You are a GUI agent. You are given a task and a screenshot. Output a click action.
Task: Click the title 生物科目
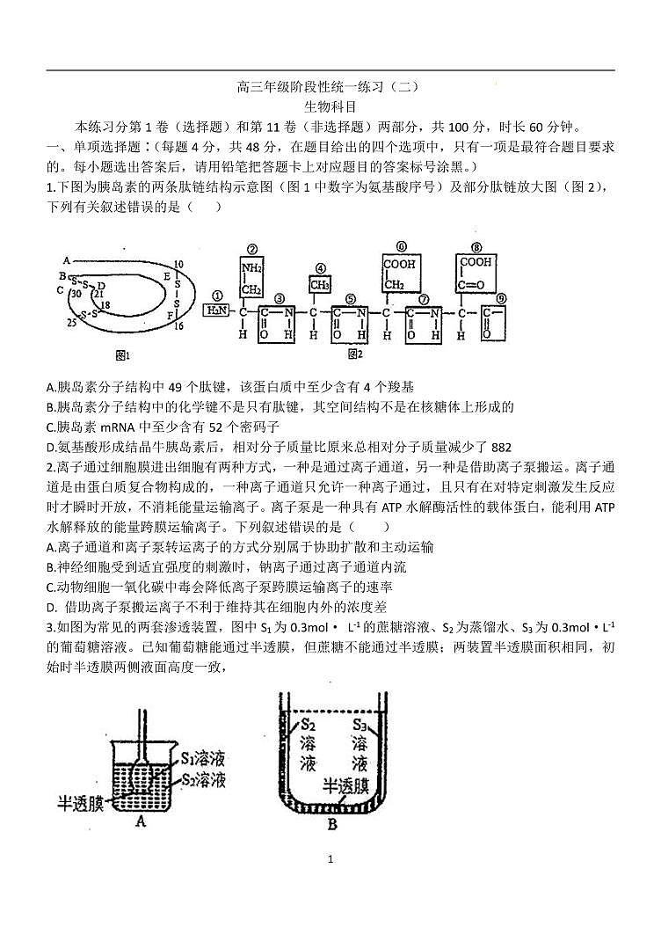click(x=330, y=106)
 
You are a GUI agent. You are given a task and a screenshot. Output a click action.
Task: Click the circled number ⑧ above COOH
click(x=476, y=248)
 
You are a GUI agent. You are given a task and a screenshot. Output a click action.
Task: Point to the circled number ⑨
click(x=499, y=298)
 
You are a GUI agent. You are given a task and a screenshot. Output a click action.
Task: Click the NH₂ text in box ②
click(x=252, y=268)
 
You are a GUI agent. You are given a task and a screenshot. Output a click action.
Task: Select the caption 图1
click(x=122, y=355)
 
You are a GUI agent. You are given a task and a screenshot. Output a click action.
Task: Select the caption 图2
click(x=355, y=354)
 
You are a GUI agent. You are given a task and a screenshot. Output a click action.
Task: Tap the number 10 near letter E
click(x=178, y=263)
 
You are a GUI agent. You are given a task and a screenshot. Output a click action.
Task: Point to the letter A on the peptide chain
click(x=66, y=260)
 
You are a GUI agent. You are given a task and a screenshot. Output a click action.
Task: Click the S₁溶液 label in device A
click(x=206, y=758)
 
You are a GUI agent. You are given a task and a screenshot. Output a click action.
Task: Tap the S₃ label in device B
click(x=360, y=725)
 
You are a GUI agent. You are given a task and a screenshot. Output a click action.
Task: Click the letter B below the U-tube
click(x=331, y=824)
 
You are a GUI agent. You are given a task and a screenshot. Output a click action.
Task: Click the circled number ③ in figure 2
click(x=280, y=298)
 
